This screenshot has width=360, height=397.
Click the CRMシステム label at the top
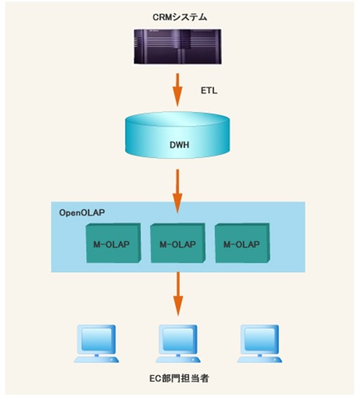pos(180,17)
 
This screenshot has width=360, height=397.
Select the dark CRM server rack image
pos(178,46)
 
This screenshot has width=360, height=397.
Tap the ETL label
pos(209,91)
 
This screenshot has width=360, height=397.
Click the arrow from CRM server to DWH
pos(178,90)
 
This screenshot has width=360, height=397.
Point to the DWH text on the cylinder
pos(179,145)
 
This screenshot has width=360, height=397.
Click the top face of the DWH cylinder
pos(178,122)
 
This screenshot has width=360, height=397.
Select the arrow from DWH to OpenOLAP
pos(178,191)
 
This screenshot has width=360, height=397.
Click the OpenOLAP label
pos(82,212)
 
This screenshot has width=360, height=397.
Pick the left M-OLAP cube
pos(114,243)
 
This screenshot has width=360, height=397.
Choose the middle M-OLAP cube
pos(178,243)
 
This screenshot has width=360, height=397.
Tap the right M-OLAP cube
pos(242,243)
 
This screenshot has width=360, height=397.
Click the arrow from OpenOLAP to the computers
pos(178,294)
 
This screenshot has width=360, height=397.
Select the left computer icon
pos(96,344)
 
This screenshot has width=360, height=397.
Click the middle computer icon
pos(178,344)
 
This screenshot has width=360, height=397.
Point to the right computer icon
pos(259,344)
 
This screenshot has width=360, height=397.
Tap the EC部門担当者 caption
pos(179,378)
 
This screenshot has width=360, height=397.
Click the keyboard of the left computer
pos(96,360)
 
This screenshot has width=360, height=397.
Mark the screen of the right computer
pos(260,339)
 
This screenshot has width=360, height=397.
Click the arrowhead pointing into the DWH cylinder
pos(178,100)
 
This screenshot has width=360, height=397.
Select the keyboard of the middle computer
pos(178,360)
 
